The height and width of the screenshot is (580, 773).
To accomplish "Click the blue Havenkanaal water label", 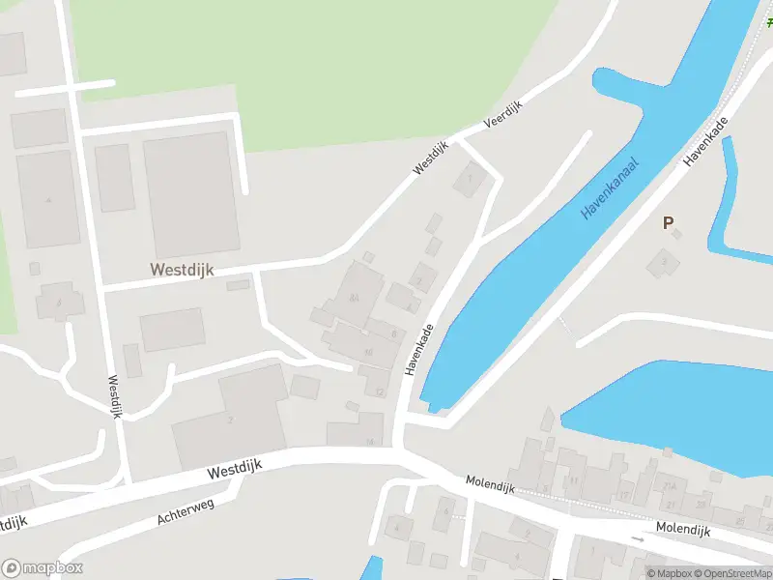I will point(611,184).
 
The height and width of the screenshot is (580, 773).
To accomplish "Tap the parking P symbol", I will point(668,222).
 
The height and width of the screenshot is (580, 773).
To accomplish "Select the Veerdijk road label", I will point(501,117).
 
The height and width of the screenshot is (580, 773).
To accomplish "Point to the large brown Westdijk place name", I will point(182,270).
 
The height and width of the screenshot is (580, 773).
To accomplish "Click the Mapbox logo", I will point(42,568).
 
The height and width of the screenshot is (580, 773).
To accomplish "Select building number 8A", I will point(355,299).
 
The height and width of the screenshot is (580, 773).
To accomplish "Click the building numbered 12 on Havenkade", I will point(380,391).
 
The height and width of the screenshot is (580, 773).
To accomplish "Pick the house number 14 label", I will point(369,441).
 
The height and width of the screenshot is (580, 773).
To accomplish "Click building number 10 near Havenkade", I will point(368,351).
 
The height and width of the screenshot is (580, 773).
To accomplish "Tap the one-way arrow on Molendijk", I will point(637,537).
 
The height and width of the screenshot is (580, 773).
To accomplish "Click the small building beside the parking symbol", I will point(663,261).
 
